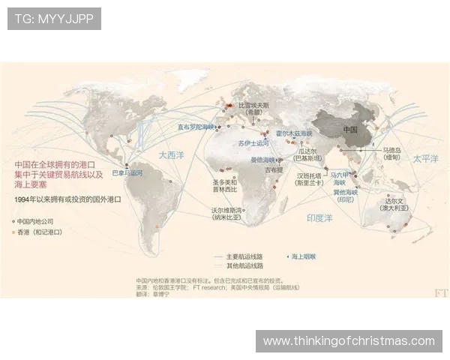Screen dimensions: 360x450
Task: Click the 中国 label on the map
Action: (x=350, y=129)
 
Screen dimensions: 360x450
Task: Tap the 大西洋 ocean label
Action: (x=171, y=155)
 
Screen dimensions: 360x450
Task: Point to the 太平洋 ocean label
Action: (x=424, y=158)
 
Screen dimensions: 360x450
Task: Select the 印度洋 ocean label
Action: (x=319, y=217)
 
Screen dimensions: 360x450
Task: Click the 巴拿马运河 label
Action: (x=127, y=172)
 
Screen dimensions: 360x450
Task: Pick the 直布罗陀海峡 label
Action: (x=196, y=127)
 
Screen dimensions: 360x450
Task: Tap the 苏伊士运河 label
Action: (x=253, y=142)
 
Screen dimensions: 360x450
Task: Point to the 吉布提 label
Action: (x=274, y=170)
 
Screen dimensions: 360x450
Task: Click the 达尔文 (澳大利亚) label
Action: (x=396, y=204)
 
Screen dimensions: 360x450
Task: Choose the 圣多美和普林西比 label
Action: (x=224, y=185)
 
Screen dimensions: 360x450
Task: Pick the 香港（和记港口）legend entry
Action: (x=39, y=232)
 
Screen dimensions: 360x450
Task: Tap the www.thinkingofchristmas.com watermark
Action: (x=349, y=341)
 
